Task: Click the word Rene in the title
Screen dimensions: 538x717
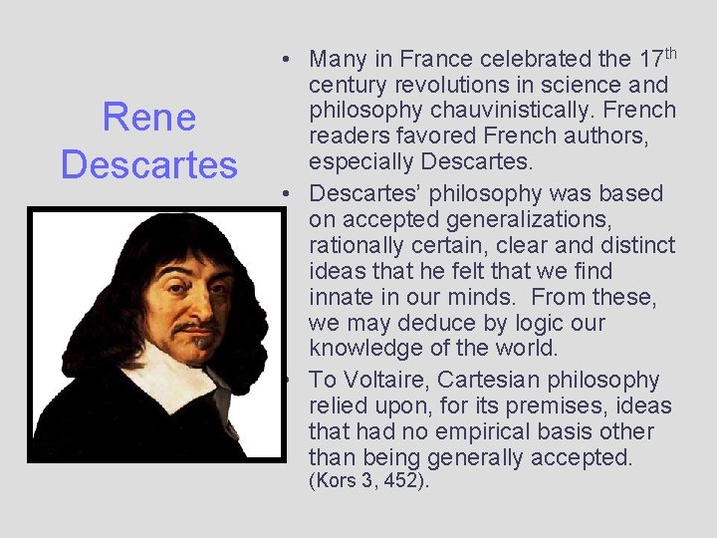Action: coord(149,119)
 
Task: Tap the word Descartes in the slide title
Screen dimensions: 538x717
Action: coord(149,163)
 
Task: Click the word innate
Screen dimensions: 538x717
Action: coord(343,297)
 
